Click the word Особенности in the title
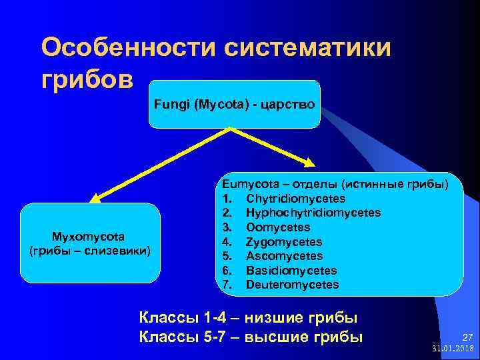tap(128, 48)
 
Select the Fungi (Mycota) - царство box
tap(234, 105)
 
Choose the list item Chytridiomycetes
tap(295, 199)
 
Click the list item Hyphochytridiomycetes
tap(313, 213)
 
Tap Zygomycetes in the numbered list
tap(284, 242)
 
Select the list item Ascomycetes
tap(284, 256)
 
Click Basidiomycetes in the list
tap(291, 271)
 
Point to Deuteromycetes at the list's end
tap(292, 285)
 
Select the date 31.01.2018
tap(453, 349)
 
